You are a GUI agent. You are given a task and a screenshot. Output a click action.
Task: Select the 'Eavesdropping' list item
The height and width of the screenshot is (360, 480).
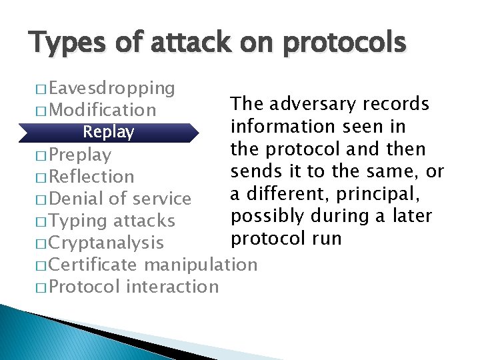[x=111, y=88]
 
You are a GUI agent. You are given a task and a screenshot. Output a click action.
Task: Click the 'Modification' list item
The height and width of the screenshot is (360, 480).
[x=102, y=110]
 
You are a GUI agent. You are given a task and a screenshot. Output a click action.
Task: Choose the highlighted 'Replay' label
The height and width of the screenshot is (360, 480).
[x=108, y=132]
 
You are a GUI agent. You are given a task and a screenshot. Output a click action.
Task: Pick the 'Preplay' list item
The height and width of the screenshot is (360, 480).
[x=80, y=155]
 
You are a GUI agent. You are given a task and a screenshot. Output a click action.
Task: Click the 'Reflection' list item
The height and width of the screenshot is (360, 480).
[x=91, y=177]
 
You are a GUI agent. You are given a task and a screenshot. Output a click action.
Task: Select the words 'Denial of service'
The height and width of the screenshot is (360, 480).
[x=120, y=199]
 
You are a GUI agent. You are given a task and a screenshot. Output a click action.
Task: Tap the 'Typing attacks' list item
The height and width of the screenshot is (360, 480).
[x=111, y=221]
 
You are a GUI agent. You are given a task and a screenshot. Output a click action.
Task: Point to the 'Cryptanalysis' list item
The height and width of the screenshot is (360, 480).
[x=106, y=243]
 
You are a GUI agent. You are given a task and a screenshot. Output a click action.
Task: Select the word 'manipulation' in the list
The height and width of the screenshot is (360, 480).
[x=200, y=265]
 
